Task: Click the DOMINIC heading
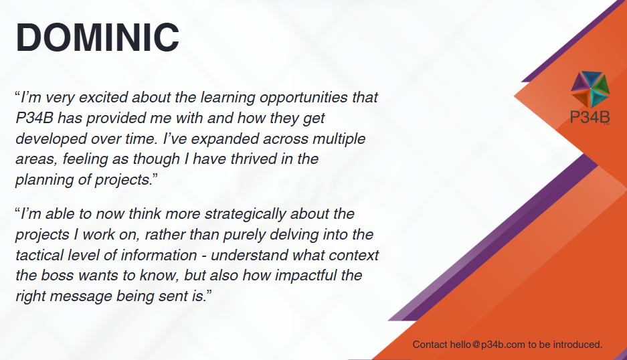[98, 37]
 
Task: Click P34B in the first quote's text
[34, 118]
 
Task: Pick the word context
[353, 255]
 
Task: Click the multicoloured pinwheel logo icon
[590, 89]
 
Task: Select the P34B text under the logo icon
[590, 117]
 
